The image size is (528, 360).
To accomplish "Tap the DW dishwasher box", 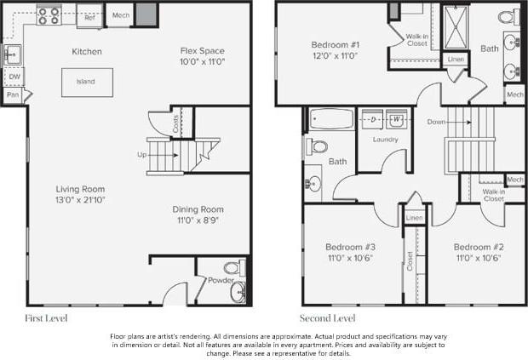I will click(14, 77).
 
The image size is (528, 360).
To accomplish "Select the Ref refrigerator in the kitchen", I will click(89, 14).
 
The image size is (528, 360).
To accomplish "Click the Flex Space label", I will click(201, 51).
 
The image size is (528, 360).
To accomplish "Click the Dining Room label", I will click(198, 209).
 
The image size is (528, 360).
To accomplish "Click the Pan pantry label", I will click(13, 95).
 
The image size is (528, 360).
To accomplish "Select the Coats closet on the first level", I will click(176, 123).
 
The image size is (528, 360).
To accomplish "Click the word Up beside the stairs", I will click(141, 155).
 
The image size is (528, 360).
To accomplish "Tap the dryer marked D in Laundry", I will click(373, 120).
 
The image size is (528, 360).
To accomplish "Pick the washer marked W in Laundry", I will click(397, 120).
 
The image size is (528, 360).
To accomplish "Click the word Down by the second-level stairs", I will click(437, 122).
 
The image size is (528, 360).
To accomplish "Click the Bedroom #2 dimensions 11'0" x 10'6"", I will click(478, 257).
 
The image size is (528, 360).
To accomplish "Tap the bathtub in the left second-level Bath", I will click(328, 120).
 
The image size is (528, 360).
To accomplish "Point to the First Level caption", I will click(47, 318).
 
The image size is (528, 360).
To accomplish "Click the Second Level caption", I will click(327, 318).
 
